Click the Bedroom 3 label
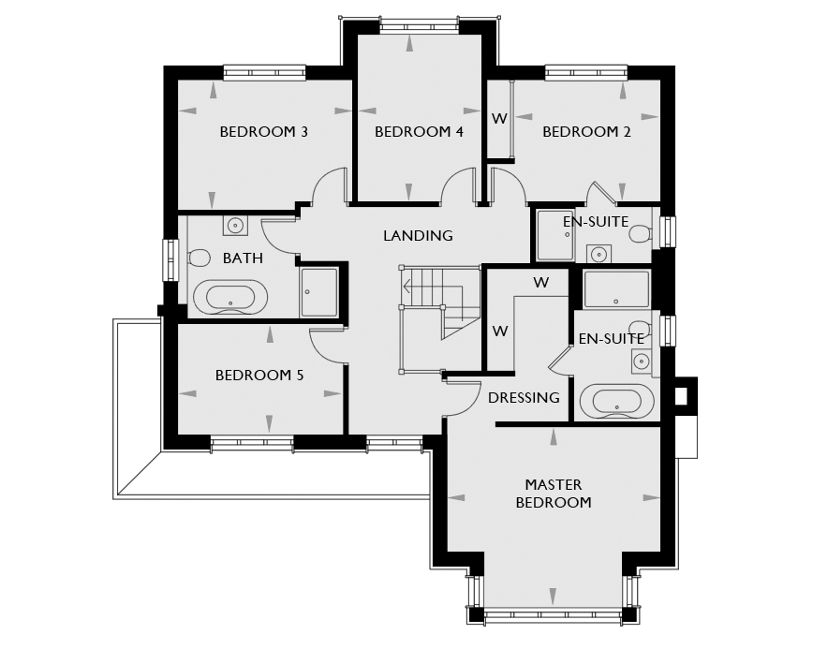pos(263,132)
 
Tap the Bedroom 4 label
pos(419,132)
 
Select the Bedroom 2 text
pos(586,132)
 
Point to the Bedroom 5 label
pos(259,375)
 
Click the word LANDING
pos(418,236)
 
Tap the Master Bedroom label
pos(554,494)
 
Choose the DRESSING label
pos(524,398)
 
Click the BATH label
pos(243,258)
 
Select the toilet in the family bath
pos(199,258)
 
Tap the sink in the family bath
pos(235,226)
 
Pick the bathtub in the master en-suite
pos(617,401)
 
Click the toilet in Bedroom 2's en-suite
pos(641,233)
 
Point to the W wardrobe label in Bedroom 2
pos(499,119)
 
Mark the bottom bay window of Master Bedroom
pos(553,615)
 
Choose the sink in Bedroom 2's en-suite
pos(599,254)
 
